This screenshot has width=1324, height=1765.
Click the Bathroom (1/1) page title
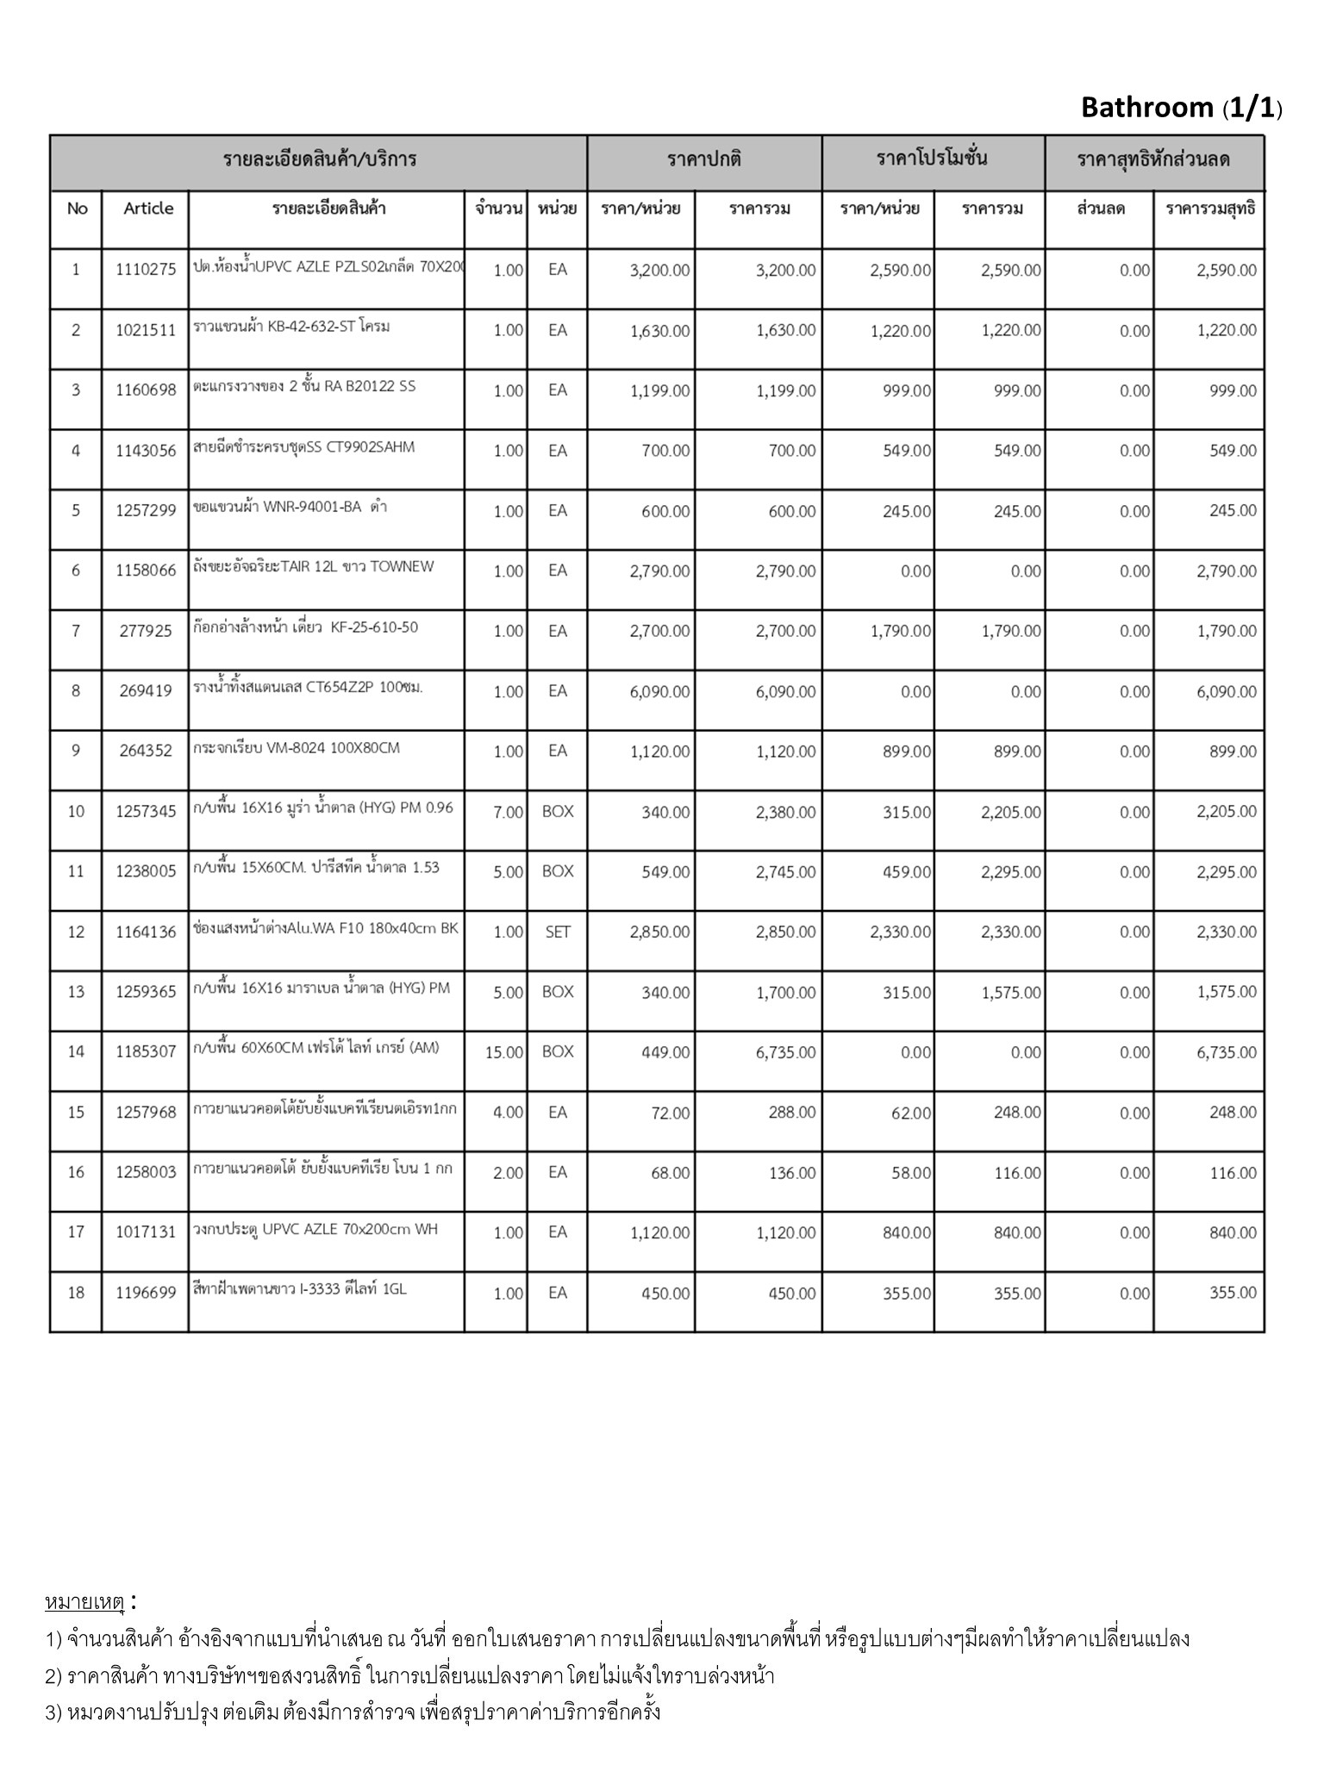click(1181, 108)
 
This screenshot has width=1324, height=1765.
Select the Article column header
click(148, 209)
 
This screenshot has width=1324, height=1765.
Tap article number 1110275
click(146, 270)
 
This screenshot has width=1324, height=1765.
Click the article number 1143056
click(146, 451)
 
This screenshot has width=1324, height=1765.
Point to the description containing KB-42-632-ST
click(291, 327)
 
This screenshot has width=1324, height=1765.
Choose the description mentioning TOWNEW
click(314, 566)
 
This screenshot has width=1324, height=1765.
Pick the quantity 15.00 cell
click(504, 1052)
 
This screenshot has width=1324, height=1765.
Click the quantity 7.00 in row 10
click(508, 812)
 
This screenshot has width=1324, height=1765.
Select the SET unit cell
click(558, 932)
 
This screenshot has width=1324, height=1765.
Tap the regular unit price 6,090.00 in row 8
click(659, 691)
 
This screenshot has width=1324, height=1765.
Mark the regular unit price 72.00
click(671, 1113)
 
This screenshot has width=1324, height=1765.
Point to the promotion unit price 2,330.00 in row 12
click(900, 932)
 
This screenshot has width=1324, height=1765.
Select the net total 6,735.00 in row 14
click(1226, 1052)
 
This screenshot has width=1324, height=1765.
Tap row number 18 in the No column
click(76, 1293)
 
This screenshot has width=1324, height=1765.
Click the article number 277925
click(146, 631)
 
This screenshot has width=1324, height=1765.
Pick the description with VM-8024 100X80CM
click(297, 748)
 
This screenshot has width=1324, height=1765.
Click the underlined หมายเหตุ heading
click(84, 1602)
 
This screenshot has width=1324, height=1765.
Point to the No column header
click(77, 209)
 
